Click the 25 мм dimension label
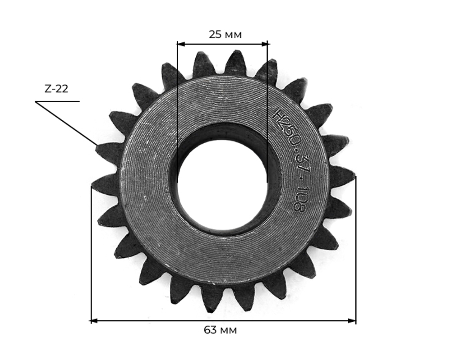[x=225, y=35]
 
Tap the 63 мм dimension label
[x=221, y=330]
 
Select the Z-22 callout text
[x=56, y=89]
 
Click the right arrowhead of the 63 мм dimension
[x=352, y=321]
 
